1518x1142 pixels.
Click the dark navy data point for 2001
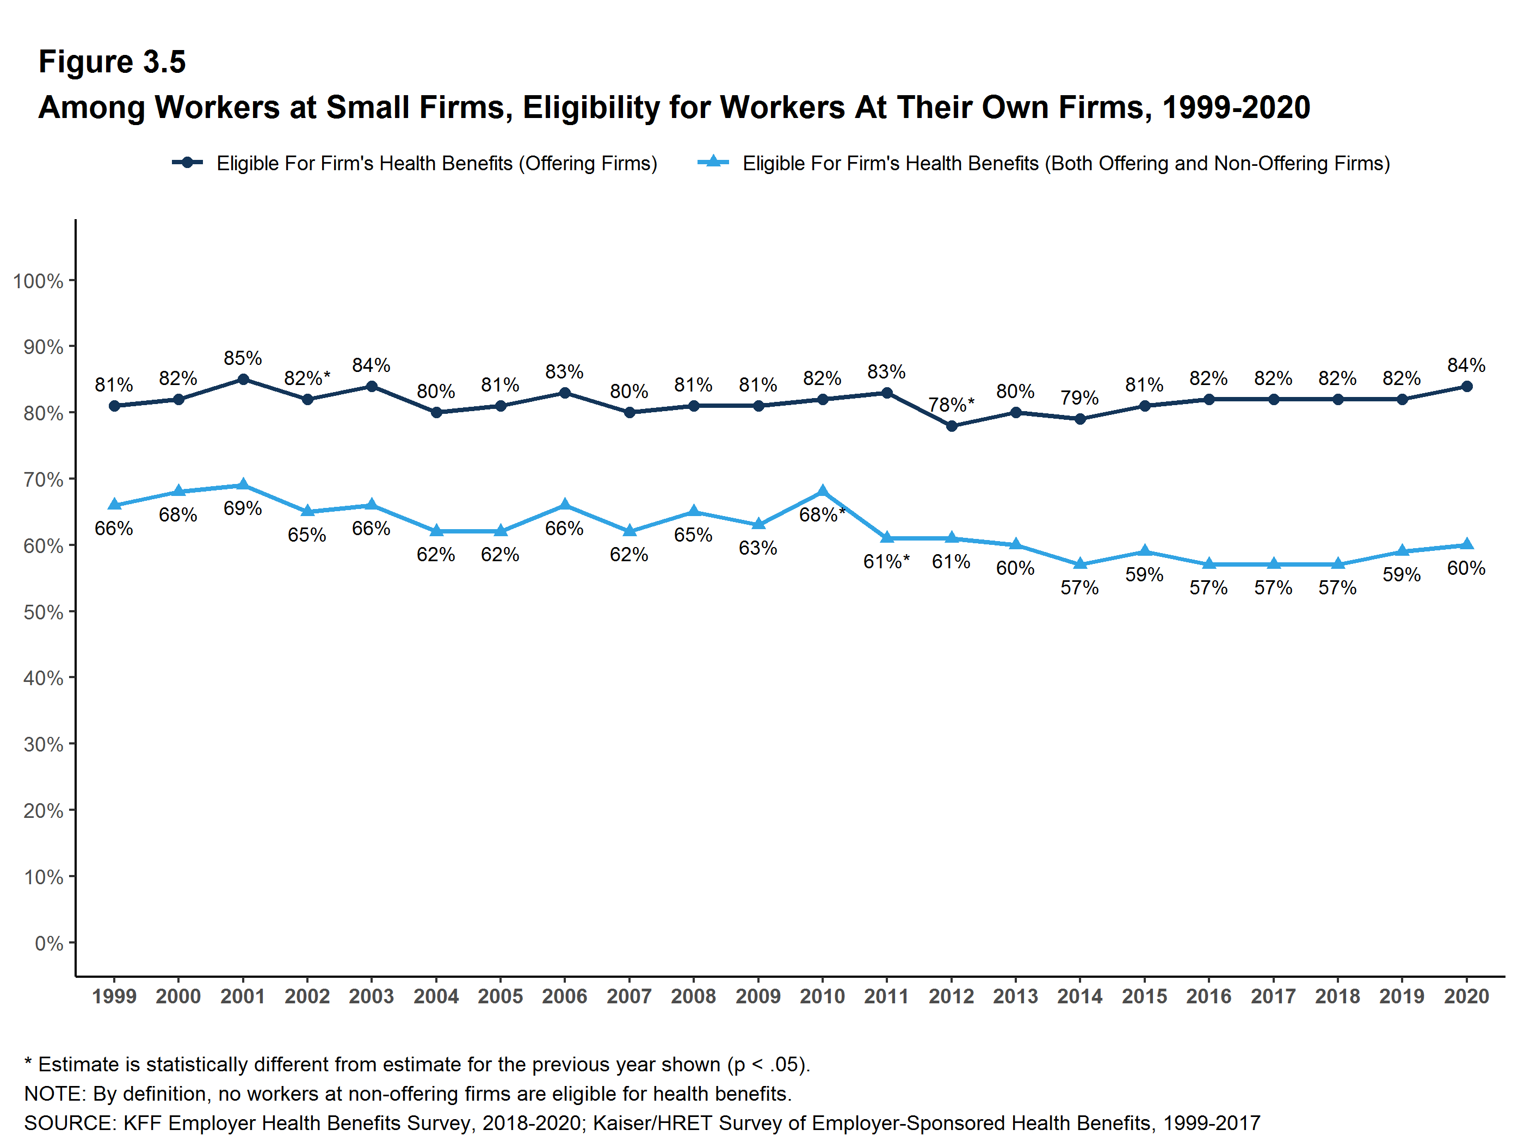click(x=243, y=379)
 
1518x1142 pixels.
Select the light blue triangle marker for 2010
click(x=822, y=492)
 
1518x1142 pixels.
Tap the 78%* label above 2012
click(x=951, y=405)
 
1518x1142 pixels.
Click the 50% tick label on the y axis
click(x=43, y=612)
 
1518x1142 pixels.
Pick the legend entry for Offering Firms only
click(x=415, y=163)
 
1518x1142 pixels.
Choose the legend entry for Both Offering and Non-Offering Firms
click(x=1043, y=163)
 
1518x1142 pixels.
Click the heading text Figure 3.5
click(x=112, y=62)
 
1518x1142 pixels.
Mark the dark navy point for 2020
click(x=1466, y=386)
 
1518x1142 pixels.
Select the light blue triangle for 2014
click(x=1079, y=564)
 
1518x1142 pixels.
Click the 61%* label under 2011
click(x=886, y=562)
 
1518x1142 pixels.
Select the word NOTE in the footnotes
click(x=54, y=1093)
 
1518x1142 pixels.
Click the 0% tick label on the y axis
click(x=49, y=943)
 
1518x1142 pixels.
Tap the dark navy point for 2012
click(x=951, y=426)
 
